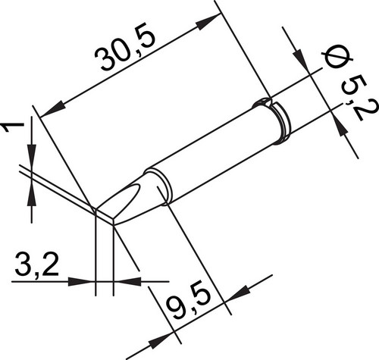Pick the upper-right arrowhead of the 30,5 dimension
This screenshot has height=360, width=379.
coord(207,23)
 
